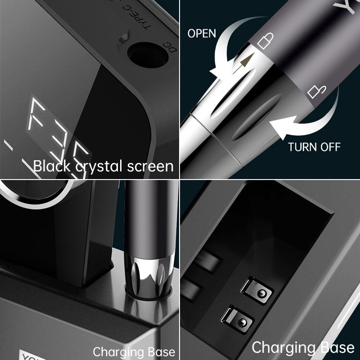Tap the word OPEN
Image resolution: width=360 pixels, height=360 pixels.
click(x=202, y=34)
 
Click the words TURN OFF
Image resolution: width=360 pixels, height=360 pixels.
click(x=314, y=147)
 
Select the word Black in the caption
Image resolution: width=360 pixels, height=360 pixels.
click(x=52, y=166)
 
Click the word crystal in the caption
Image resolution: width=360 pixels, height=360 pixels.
click(x=99, y=167)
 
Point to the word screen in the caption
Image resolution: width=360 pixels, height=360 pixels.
click(x=150, y=166)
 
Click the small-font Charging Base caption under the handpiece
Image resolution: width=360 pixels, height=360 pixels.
click(x=134, y=351)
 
